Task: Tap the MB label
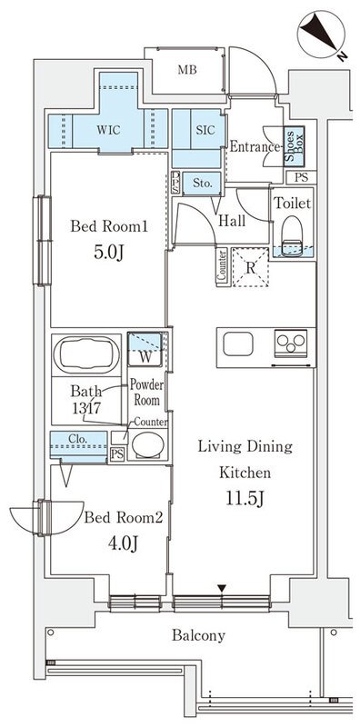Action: pyautogui.click(x=187, y=70)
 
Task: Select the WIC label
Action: pyautogui.click(x=108, y=130)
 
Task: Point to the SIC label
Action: pyautogui.click(x=205, y=130)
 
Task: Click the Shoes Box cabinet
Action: pyautogui.click(x=295, y=146)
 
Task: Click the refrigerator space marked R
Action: pyautogui.click(x=250, y=267)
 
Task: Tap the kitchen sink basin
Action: pyautogui.click(x=238, y=344)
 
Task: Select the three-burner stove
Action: pyautogui.click(x=291, y=344)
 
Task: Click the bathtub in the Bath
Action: pyautogui.click(x=86, y=355)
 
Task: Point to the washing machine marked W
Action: pyautogui.click(x=145, y=350)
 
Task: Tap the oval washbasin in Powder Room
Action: pyautogui.click(x=148, y=445)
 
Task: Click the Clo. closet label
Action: pyautogui.click(x=78, y=437)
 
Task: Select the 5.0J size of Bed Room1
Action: pyautogui.click(x=109, y=253)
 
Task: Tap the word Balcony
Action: pyautogui.click(x=198, y=635)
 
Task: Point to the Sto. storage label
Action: pyautogui.click(x=202, y=184)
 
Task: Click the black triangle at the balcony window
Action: pyautogui.click(x=222, y=588)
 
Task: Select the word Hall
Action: pyautogui.click(x=232, y=221)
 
